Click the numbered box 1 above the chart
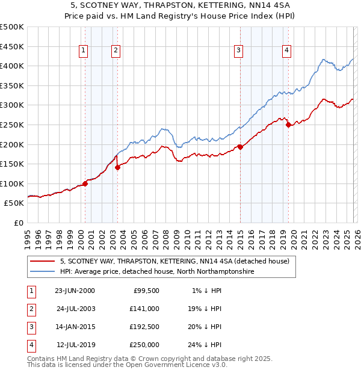click(82, 51)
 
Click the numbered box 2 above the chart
click(115, 51)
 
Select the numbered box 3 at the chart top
click(239, 51)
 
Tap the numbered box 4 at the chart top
click(287, 51)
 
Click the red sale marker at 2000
click(85, 183)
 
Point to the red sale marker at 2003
click(118, 168)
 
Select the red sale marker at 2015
click(240, 147)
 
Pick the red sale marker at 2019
click(288, 125)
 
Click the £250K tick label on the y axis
click(12, 125)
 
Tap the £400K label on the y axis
click(12, 66)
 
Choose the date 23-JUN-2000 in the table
click(75, 291)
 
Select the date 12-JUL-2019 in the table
click(75, 345)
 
